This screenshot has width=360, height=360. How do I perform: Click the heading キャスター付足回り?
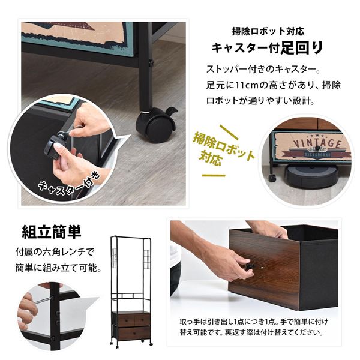coord(267,48)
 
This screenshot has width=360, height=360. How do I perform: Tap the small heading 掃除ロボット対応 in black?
coord(268,31)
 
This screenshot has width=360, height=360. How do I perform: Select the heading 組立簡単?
coord(52,232)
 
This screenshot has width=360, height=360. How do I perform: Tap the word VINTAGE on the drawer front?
coord(317,143)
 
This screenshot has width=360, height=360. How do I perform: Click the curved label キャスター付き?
coord(69,184)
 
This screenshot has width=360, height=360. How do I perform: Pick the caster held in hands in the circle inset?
coord(55,146)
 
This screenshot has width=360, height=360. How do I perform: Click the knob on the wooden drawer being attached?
coord(250,266)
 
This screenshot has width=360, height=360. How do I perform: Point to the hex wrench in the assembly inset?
coord(43,300)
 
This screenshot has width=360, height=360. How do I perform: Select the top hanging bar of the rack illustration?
coord(130,237)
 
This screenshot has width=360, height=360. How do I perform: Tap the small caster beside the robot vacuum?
coord(272,178)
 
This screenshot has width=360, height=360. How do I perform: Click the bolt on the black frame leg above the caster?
coord(151,62)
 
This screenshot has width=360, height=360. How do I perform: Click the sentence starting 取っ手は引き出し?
coord(254,327)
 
